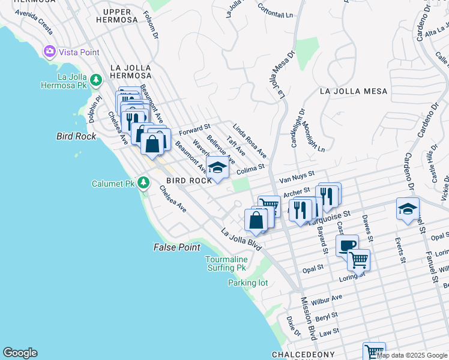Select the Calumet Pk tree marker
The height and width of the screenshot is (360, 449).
tap(143, 182)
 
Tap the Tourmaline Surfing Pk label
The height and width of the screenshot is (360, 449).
tap(226, 263)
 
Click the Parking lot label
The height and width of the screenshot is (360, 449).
tap(248, 283)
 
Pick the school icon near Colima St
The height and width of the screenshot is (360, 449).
tap(218, 167)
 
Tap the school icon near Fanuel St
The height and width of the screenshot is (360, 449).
tap(407, 209)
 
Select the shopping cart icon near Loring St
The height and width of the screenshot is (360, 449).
tap(358, 260)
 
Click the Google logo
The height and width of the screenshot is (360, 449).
tap(20, 353)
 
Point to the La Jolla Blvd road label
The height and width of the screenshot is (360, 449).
tap(241, 239)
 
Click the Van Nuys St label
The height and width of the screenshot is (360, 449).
tap(297, 176)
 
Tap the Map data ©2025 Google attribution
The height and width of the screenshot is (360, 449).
tap(412, 355)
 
